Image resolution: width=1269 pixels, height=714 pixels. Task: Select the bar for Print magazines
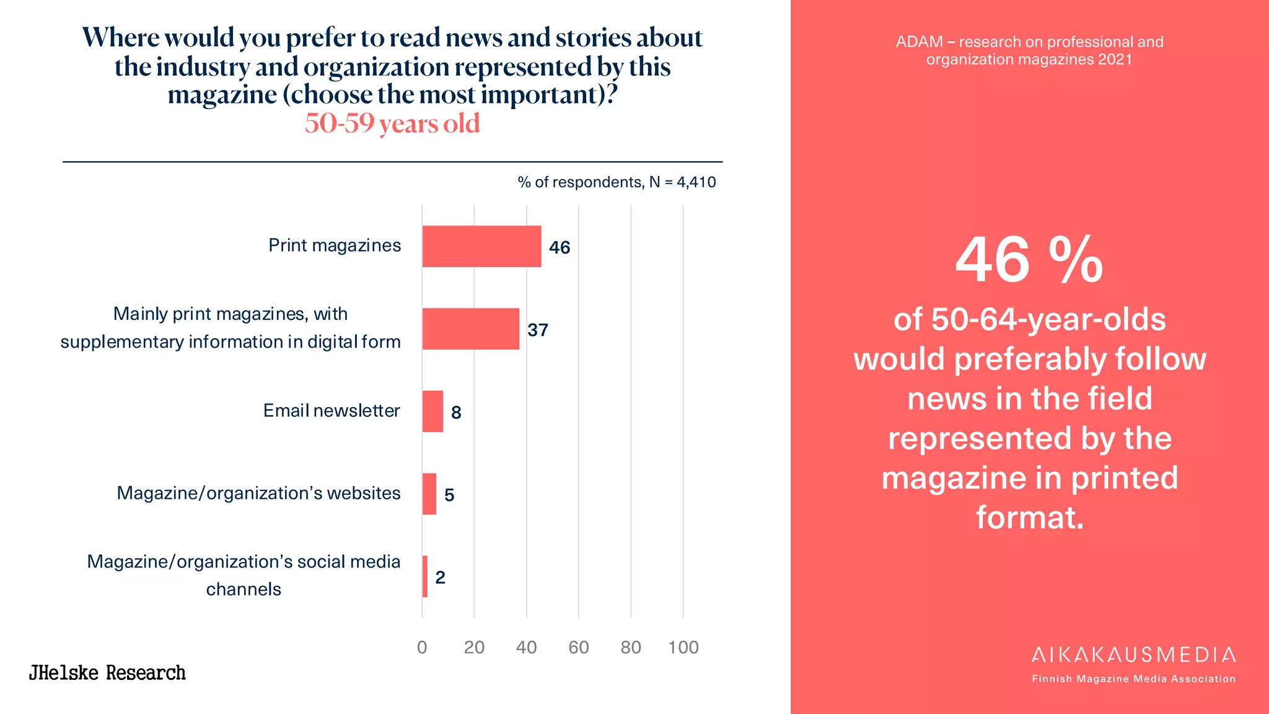coord(481,246)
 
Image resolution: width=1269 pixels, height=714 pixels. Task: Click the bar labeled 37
coord(470,328)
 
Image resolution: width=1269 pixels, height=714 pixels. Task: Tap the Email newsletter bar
coord(433,411)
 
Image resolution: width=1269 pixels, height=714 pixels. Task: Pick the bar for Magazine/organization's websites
coord(429,493)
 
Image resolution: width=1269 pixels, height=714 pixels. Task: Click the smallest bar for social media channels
coord(425,576)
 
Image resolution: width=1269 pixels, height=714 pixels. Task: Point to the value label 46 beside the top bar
coord(559,247)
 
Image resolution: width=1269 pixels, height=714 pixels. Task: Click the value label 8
coord(456,412)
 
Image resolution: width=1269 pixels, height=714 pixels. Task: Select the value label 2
coord(440,577)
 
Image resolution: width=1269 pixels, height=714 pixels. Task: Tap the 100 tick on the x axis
coord(683,647)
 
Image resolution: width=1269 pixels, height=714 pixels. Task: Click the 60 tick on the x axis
coord(578,647)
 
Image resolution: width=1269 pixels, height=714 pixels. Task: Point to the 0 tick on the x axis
coord(422,647)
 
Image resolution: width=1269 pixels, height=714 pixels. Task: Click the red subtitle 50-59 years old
coord(392,123)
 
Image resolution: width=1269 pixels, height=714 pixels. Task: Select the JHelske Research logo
coord(107,672)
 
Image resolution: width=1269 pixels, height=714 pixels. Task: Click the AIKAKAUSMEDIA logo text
coord(1133,654)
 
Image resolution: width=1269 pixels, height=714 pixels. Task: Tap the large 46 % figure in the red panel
coord(1029,260)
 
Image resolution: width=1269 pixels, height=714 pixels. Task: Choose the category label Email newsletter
coord(332,410)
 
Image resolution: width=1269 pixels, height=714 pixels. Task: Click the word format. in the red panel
coord(1029,517)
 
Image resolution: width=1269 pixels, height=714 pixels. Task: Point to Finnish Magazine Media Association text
coord(1133,679)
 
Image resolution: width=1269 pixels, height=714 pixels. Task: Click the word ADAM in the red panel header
coord(919,42)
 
